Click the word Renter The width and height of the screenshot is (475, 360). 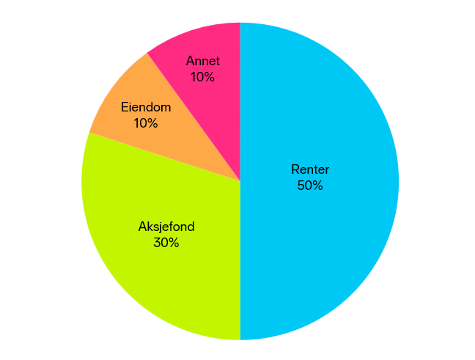[x=310, y=169]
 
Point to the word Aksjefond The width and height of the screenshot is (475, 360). [x=166, y=227]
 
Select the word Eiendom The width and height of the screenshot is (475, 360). [x=146, y=107]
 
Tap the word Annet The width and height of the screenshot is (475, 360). [x=202, y=61]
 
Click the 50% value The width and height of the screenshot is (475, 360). [x=310, y=185]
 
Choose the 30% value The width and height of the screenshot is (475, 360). [x=166, y=243]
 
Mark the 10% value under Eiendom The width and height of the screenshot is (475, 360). [x=146, y=123]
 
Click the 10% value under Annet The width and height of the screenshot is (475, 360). [x=202, y=77]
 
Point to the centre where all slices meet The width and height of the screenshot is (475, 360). [x=240, y=181]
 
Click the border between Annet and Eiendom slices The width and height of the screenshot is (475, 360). [x=194, y=117]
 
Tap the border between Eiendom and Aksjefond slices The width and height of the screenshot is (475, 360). [x=165, y=157]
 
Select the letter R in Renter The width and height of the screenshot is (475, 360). [x=295, y=169]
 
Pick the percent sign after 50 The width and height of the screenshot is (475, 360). [x=317, y=185]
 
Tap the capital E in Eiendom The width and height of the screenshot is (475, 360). [x=124, y=107]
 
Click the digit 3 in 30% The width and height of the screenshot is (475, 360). [x=157, y=243]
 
